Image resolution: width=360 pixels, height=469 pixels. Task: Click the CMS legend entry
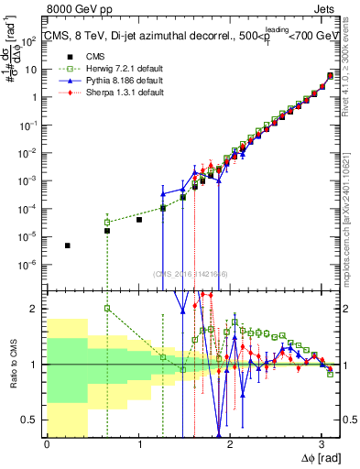pyautogui.click(x=84, y=57)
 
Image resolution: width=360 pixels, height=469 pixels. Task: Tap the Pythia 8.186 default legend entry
pyautogui.click(x=103, y=81)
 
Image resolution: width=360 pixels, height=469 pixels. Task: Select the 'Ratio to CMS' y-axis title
pyautogui.click(x=13, y=364)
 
